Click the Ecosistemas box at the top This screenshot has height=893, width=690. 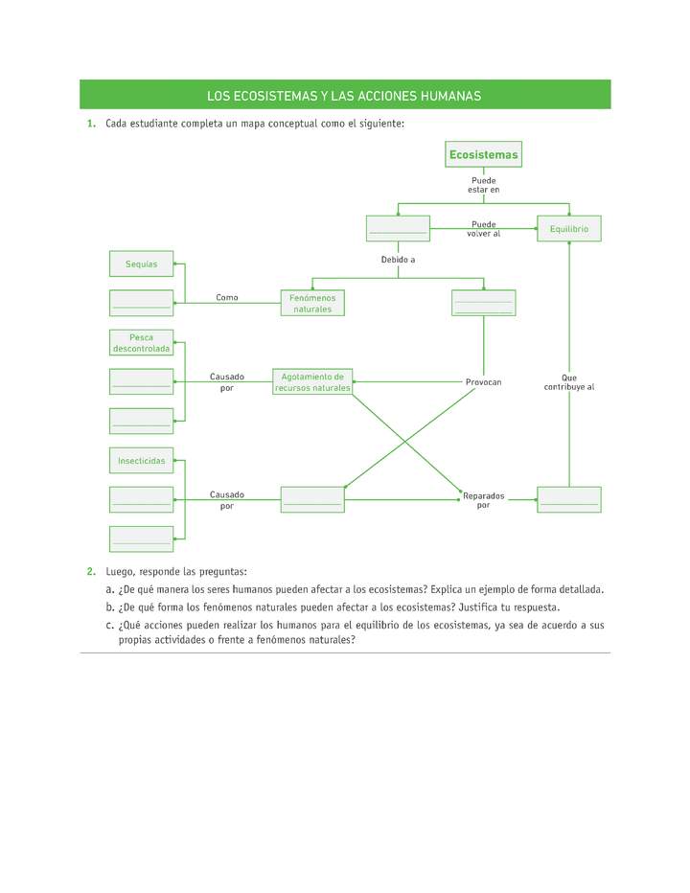(483, 154)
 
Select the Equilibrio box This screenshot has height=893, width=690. (569, 229)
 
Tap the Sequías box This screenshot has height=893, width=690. (141, 263)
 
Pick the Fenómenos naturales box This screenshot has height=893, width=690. (312, 303)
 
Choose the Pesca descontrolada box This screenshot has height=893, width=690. (141, 343)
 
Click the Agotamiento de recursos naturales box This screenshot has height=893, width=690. (312, 381)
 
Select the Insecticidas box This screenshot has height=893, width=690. (141, 461)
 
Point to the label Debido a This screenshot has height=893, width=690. (398, 260)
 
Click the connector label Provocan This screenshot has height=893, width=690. (483, 382)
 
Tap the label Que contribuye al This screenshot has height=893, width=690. (569, 382)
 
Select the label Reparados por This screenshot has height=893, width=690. (483, 500)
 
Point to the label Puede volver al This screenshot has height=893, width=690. (483, 229)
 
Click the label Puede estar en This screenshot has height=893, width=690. (483, 185)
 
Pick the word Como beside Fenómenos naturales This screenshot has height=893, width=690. (227, 298)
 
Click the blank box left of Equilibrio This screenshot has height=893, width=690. (397, 229)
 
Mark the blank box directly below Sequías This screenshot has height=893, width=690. (141, 303)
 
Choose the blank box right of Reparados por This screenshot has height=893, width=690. (569, 499)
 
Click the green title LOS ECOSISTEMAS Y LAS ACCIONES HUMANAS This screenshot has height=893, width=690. (344, 96)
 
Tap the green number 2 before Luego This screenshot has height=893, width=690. (90, 571)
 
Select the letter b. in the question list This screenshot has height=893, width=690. (111, 607)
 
